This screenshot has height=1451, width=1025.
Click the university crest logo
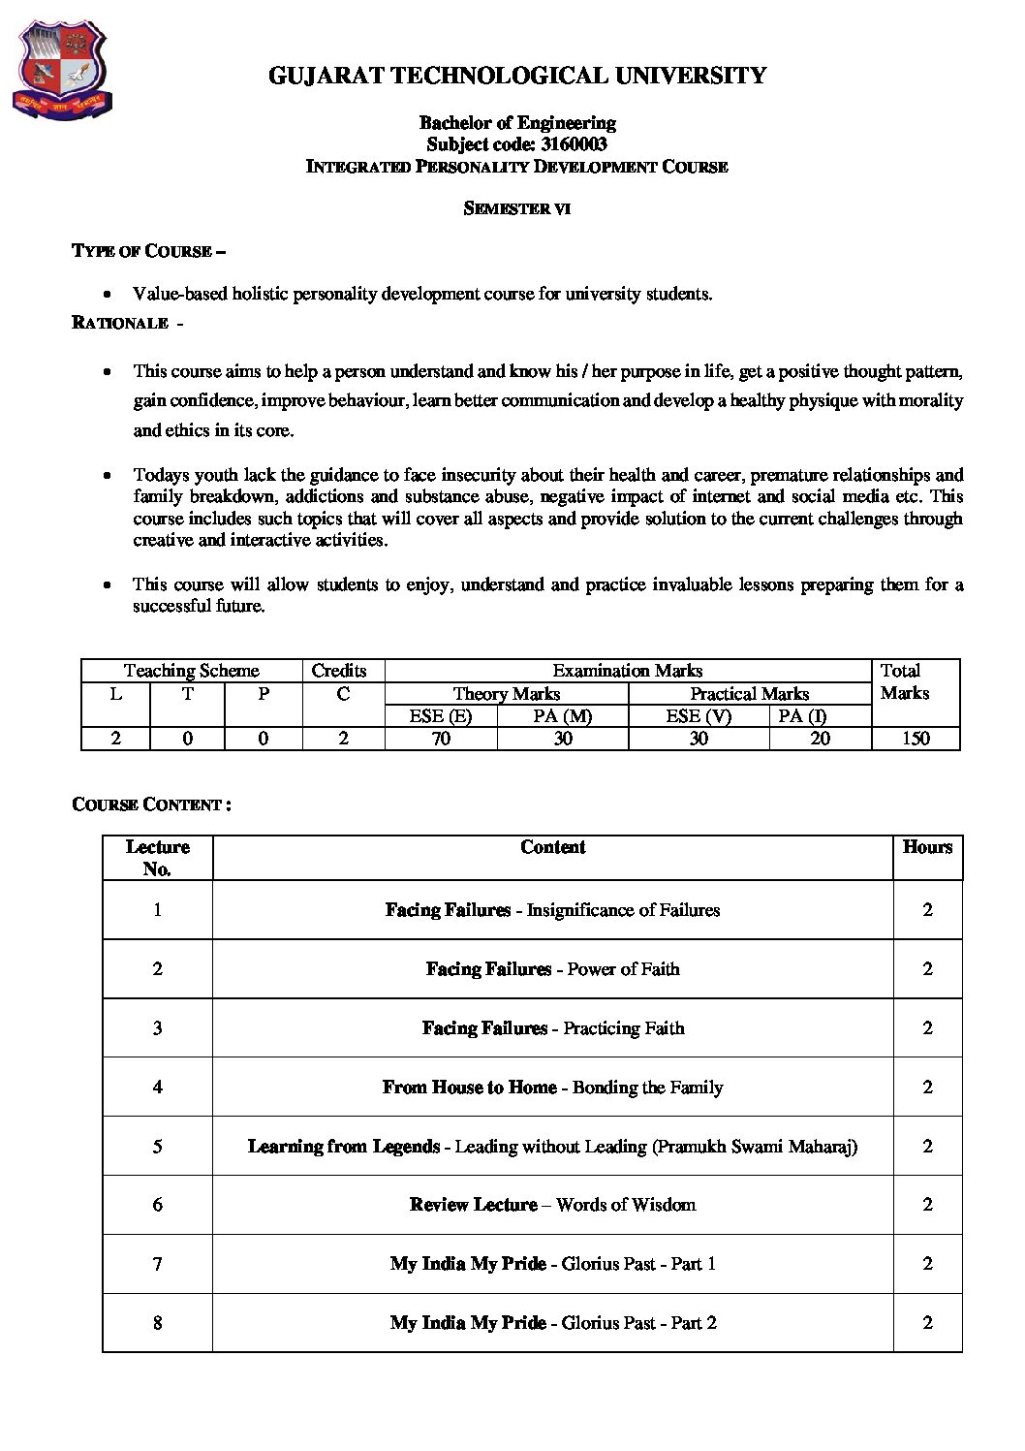click(62, 71)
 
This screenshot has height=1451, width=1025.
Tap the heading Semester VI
click(516, 208)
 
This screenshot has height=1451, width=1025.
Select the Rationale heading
click(120, 323)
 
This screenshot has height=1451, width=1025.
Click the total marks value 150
click(915, 739)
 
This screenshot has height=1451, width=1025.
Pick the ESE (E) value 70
click(441, 739)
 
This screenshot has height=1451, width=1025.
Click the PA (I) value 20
click(820, 739)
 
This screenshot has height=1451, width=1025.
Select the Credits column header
click(339, 671)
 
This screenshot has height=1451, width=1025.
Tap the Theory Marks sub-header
click(506, 694)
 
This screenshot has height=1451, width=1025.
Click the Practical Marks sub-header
click(749, 694)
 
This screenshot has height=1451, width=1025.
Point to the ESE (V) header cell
click(699, 716)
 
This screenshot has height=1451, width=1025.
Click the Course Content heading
click(151, 804)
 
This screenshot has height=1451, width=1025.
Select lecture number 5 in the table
click(157, 1147)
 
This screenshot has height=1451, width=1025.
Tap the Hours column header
click(927, 847)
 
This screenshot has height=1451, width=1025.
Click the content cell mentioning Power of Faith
click(623, 969)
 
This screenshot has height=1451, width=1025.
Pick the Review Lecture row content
click(552, 1205)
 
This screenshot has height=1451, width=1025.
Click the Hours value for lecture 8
click(927, 1323)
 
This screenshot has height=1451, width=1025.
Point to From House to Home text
click(470, 1088)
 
